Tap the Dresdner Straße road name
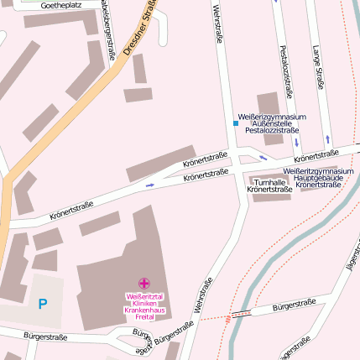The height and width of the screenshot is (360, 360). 140,31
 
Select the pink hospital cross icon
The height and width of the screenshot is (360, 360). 143,284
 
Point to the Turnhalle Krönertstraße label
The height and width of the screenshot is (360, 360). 269,185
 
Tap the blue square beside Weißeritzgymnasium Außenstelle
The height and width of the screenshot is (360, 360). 235,123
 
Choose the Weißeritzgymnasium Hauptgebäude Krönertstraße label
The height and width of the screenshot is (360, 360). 318,177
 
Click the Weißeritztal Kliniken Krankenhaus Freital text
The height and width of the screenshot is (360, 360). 143,303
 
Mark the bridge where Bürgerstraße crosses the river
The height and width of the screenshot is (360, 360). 242,314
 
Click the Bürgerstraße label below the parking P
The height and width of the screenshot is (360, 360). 43,337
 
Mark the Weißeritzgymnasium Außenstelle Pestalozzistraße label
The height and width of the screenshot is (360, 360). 272,123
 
